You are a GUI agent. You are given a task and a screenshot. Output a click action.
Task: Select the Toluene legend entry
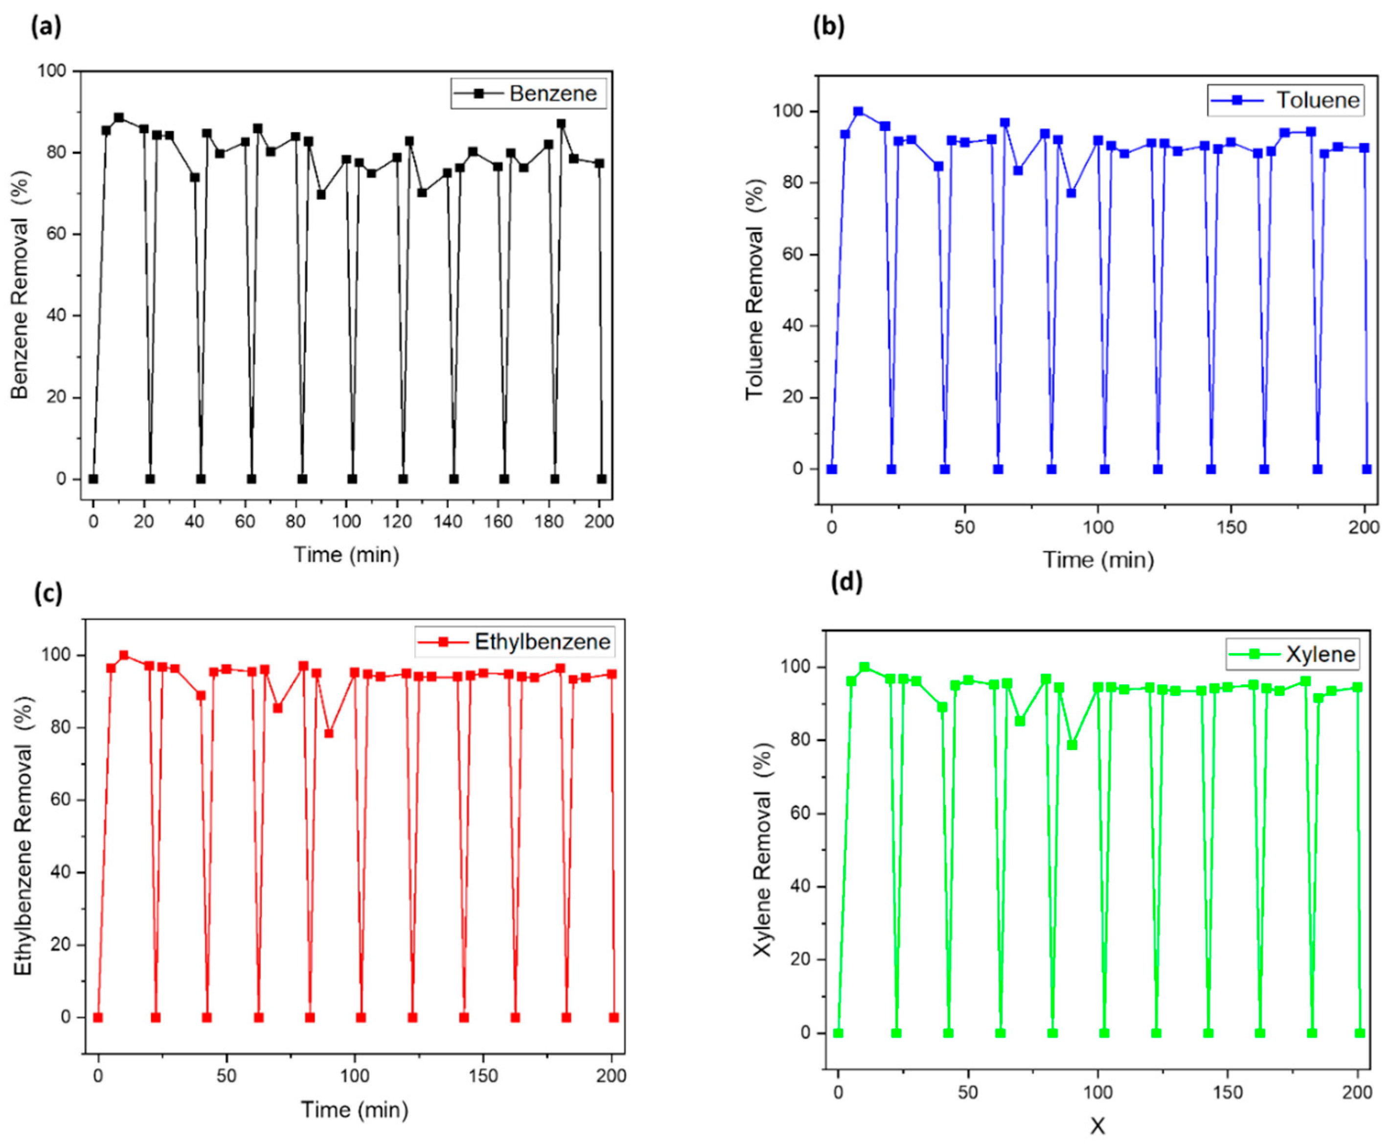coord(1285,100)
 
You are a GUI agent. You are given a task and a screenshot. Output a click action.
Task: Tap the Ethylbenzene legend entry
coord(515,641)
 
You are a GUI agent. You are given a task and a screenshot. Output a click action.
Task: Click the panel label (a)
coord(46,28)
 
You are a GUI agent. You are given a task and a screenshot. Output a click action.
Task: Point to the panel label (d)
coord(847,583)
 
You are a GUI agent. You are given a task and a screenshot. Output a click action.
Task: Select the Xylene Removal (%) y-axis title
coord(763,851)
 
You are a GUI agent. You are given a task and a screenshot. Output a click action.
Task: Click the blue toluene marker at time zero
coord(832,469)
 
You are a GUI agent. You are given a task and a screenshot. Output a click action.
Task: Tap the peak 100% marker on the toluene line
coord(858,112)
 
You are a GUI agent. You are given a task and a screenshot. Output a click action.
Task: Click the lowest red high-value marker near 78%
coord(329,733)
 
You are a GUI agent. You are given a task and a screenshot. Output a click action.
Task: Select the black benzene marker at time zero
coord(93,479)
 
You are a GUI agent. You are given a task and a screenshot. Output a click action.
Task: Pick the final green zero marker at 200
coord(1359,1033)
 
